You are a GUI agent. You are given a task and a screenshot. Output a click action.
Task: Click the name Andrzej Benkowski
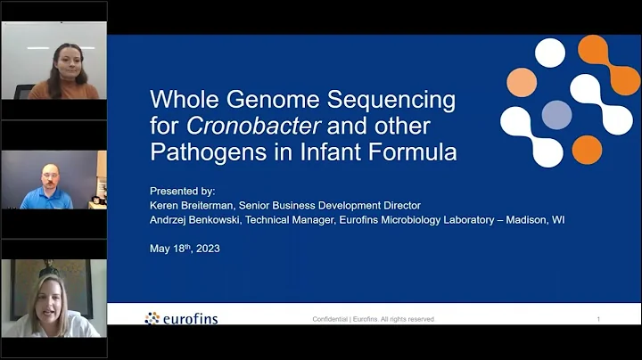(x=203, y=219)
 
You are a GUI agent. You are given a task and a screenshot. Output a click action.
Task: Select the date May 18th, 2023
(x=185, y=249)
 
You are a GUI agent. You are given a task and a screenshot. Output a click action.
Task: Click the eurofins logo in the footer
(x=181, y=318)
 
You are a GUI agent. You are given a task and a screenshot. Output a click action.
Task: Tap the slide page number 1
(x=598, y=319)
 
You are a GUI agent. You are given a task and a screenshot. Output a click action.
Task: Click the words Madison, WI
(x=538, y=219)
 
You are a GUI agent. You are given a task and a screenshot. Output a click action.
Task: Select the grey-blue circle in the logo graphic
(x=556, y=114)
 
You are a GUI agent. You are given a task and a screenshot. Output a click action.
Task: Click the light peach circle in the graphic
(x=522, y=82)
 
